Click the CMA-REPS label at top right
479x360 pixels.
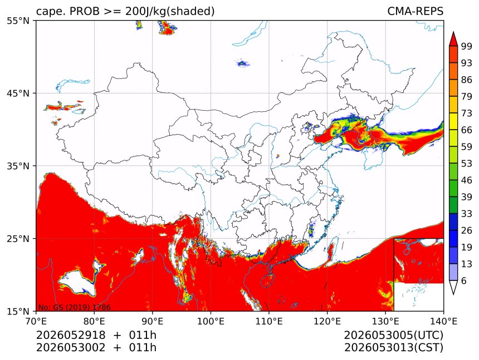415,11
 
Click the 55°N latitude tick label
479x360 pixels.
18,21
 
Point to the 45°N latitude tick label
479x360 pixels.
18,93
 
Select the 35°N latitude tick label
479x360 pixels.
18,166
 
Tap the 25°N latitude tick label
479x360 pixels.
18,239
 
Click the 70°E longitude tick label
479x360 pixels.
36,321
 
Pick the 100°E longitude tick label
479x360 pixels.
211,321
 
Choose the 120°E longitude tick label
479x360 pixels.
327,321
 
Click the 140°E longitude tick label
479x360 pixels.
443,321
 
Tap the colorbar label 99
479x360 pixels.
467,46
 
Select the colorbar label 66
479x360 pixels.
467,130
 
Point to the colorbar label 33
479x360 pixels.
467,214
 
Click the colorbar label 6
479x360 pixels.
464,281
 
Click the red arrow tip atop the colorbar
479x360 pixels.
453,32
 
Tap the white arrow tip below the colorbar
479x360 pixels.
453,294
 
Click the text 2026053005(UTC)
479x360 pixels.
393,336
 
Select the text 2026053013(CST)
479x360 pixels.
393,348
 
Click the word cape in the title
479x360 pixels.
48,12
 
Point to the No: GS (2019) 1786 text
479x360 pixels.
74,307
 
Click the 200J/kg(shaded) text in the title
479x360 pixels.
170,12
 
